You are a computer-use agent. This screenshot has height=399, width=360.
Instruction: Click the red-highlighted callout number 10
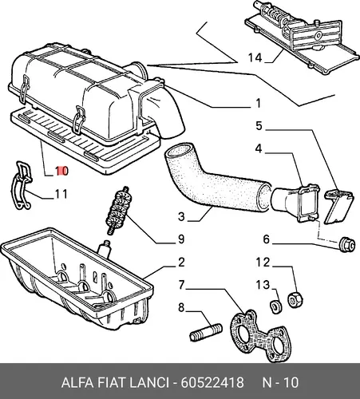pyautogui.click(x=62, y=171)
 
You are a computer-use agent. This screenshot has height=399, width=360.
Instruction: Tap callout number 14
pyautogui.click(x=255, y=57)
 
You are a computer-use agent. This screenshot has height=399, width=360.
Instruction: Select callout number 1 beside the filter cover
pyautogui.click(x=258, y=103)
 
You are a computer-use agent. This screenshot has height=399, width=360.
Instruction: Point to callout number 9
pyautogui.click(x=181, y=239)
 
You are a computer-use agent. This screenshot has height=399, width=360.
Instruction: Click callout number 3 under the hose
pyautogui.click(x=181, y=216)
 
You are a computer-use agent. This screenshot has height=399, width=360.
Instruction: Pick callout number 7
pyautogui.click(x=181, y=285)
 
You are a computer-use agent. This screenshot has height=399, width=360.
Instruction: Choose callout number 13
pyautogui.click(x=263, y=285)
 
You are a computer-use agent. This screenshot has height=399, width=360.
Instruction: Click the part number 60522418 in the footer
pyautogui.click(x=212, y=383)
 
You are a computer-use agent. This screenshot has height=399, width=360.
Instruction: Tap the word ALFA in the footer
pyautogui.click(x=77, y=383)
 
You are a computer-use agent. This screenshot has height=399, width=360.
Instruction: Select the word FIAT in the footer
pyautogui.click(x=111, y=383)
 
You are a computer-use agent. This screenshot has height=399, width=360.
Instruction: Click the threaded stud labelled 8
pyautogui.click(x=206, y=332)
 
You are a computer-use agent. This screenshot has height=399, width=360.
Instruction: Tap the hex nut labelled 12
pyautogui.click(x=295, y=300)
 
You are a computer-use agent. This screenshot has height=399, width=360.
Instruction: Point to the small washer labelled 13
pyautogui.click(x=276, y=306)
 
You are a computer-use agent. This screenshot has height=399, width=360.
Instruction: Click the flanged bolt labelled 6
pyautogui.click(x=347, y=244)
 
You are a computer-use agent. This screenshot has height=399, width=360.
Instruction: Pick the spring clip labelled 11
pyautogui.click(x=21, y=185)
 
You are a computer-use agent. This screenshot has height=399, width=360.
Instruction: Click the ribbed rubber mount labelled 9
pyautogui.click(x=117, y=211)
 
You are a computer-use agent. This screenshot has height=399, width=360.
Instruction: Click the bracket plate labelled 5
pyautogui.click(x=338, y=207)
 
